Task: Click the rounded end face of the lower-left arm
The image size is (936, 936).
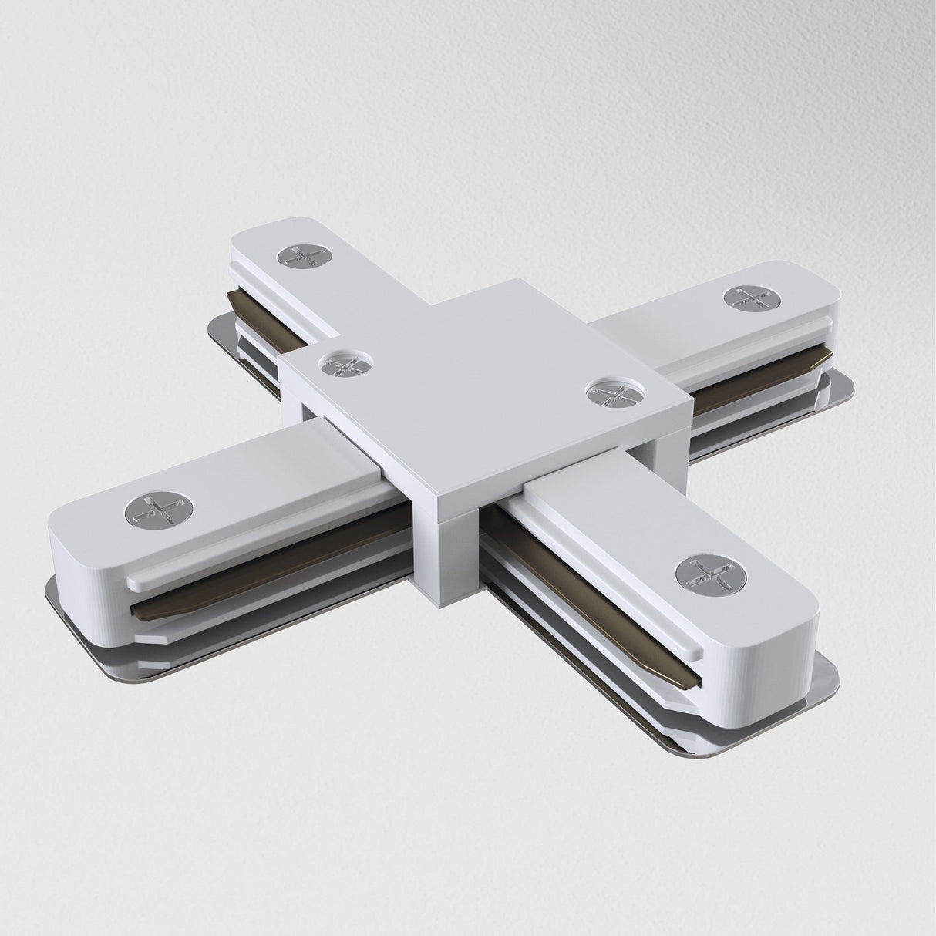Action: pyautogui.click(x=85, y=571)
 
